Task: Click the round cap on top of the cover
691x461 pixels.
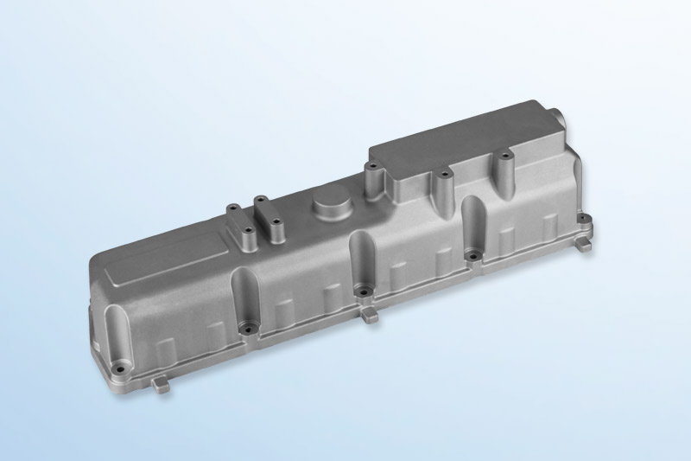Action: pyautogui.click(x=330, y=206)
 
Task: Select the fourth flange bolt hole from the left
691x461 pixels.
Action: pyautogui.click(x=472, y=256)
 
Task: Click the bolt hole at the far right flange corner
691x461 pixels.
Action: pyautogui.click(x=585, y=221)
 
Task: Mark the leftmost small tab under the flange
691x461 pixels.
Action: pyautogui.click(x=162, y=381)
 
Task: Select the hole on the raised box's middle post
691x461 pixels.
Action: pyautogui.click(x=444, y=174)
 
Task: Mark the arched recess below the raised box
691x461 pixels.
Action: pyautogui.click(x=474, y=223)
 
